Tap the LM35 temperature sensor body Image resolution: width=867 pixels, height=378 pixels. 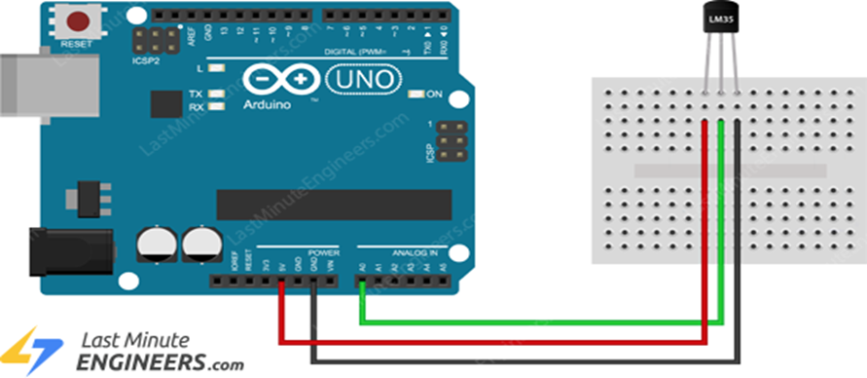point(719,19)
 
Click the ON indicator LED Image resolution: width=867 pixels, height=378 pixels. point(415,94)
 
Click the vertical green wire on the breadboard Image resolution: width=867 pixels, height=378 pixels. point(720,214)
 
